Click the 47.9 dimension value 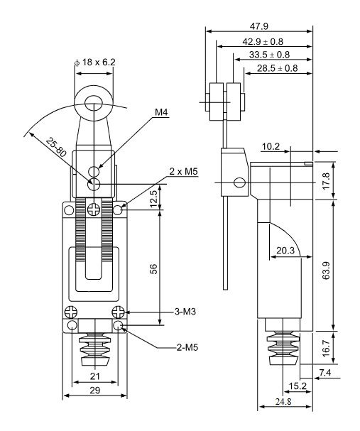tap(259, 26)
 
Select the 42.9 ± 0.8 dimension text tap(263, 41)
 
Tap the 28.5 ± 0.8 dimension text tap(278, 68)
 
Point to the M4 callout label tap(161, 112)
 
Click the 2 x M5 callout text tap(183, 172)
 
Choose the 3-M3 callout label tap(185, 312)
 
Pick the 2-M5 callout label tap(187, 347)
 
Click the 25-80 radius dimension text tap(56, 147)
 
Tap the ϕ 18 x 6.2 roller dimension tap(95, 62)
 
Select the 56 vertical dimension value tap(154, 269)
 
